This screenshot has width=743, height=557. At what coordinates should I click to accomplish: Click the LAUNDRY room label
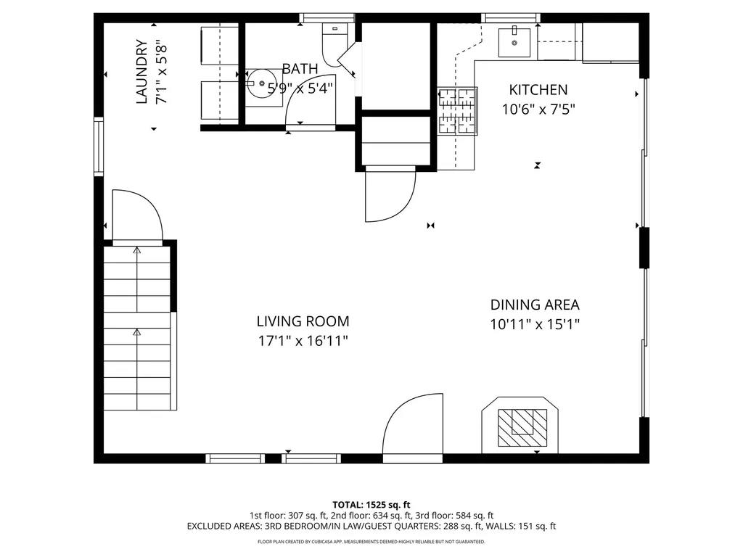[x=141, y=72]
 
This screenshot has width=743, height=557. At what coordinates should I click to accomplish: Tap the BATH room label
[x=300, y=69]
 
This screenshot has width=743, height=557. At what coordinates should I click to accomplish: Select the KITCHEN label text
[x=538, y=89]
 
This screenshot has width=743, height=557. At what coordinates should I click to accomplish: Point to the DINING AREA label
[x=535, y=305]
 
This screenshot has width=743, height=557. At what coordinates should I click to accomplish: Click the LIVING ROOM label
[x=303, y=321]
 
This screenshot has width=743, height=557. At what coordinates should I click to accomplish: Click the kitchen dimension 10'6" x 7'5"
[x=538, y=110]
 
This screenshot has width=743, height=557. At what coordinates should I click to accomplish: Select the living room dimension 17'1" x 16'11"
[x=303, y=341]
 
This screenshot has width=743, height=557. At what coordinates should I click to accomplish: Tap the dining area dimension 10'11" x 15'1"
[x=535, y=324]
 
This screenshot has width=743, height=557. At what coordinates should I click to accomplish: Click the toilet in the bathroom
[x=334, y=44]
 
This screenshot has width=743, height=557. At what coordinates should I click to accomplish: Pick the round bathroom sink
[x=261, y=83]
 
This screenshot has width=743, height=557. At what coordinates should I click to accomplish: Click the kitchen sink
[x=514, y=43]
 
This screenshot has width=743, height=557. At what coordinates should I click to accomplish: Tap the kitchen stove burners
[x=457, y=111]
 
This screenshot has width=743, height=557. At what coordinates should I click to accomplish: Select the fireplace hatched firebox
[x=522, y=428]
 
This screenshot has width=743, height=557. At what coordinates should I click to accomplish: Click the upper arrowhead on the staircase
[x=137, y=250]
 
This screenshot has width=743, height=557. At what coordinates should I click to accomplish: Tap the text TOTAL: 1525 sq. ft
[x=371, y=505]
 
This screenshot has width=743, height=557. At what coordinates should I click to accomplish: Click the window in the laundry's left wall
[x=99, y=147]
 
